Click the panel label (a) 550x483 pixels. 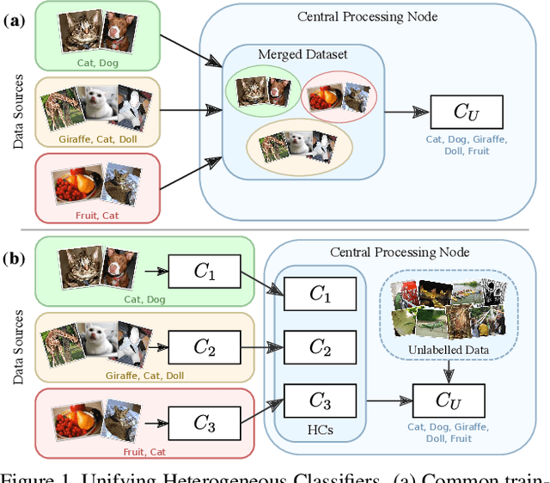pos(14,21)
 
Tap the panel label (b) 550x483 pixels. pos(14,259)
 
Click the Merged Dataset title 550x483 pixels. pos(302,54)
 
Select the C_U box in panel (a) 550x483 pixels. pos(467,112)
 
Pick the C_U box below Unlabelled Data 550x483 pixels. pos(449,400)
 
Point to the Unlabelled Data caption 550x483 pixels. pos(449,350)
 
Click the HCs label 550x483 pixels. pos(320,430)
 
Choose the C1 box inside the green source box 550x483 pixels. pos(205,272)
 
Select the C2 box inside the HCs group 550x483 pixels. pos(320,347)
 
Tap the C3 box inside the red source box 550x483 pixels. pos(205,424)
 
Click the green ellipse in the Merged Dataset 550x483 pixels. pos(263,90)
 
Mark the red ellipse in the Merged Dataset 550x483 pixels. pos(339,97)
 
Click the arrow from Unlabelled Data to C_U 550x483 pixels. pos(449,372)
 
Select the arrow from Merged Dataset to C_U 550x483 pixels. pos(406,112)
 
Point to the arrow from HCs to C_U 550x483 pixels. pos(389,400)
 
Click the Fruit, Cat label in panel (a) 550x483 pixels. pos(97,216)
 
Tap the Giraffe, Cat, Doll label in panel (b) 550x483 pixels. pos(144,376)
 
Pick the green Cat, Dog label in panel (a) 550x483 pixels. pos(97,63)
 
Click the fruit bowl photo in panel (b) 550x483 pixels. pos(77,419)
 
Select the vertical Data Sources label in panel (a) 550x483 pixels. pos(17,112)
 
